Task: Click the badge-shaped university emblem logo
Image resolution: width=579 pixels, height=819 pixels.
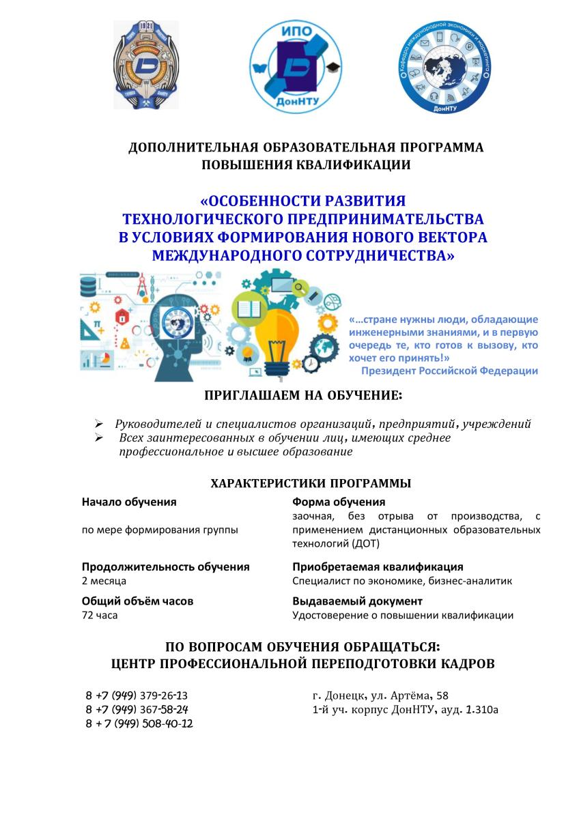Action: (x=146, y=65)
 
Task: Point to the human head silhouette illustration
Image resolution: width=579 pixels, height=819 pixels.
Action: (x=180, y=328)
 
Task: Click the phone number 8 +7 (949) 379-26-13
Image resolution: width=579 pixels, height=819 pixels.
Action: (x=137, y=695)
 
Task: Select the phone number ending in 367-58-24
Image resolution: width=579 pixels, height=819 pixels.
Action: (x=137, y=709)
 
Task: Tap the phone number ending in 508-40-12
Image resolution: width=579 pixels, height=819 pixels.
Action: (x=139, y=723)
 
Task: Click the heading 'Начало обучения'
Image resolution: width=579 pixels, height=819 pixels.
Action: (x=129, y=502)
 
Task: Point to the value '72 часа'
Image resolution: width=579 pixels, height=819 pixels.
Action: (x=100, y=616)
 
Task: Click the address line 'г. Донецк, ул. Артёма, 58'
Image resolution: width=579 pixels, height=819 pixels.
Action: (x=380, y=695)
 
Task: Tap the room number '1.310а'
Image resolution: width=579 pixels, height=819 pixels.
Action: (x=481, y=710)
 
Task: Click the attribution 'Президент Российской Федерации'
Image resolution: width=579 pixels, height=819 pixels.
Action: (x=449, y=371)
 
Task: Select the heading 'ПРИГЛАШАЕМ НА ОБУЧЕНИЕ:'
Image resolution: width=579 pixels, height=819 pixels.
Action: (x=304, y=395)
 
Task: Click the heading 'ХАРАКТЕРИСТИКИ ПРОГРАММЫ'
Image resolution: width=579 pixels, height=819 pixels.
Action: (x=311, y=483)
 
